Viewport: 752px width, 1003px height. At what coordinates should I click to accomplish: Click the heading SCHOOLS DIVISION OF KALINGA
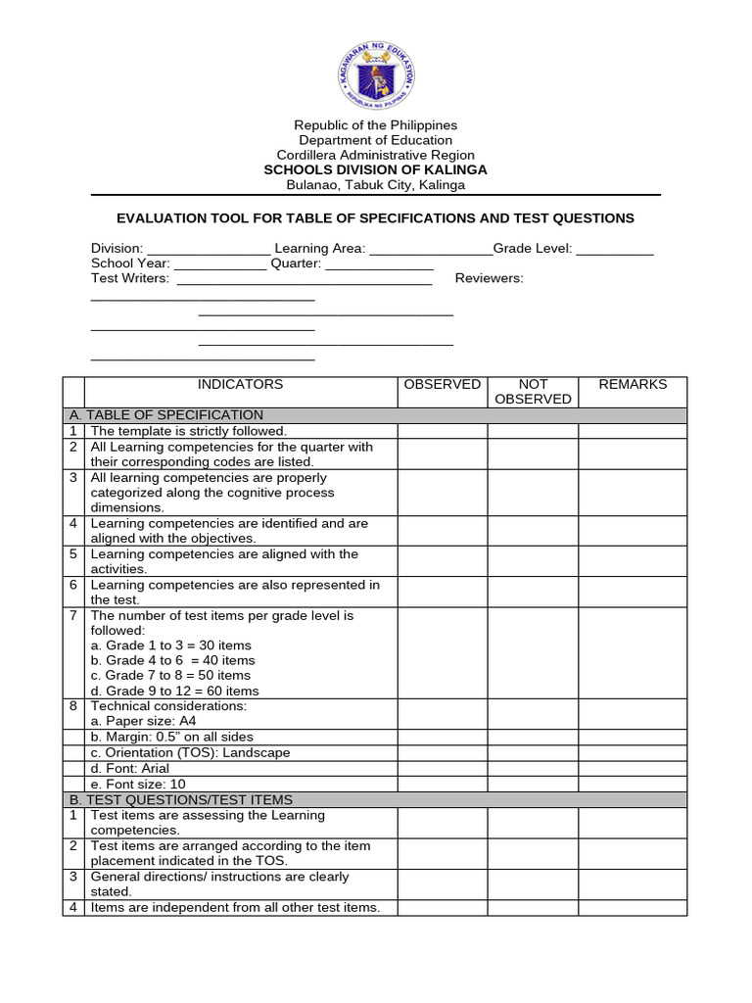coord(376,169)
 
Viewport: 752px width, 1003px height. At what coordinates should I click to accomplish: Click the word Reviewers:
coord(490,278)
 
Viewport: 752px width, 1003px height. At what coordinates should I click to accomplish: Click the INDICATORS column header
coord(240,385)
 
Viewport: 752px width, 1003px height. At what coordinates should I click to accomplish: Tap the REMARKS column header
coord(633,385)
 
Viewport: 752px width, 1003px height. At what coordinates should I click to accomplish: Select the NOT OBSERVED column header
coord(533,392)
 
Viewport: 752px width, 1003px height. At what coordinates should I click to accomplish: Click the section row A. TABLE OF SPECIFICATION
coord(177,415)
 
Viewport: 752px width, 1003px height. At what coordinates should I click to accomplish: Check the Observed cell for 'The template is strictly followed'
coord(442,431)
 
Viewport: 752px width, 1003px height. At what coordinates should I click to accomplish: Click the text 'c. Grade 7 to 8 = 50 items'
coord(170,675)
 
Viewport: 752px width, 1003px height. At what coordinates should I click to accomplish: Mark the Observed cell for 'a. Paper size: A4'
coord(442,721)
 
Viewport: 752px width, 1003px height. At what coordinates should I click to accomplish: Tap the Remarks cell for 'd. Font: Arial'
coord(633,769)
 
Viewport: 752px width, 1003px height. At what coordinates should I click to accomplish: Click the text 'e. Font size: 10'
coord(138,784)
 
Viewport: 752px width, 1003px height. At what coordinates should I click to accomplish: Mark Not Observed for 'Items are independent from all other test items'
coord(533,908)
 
